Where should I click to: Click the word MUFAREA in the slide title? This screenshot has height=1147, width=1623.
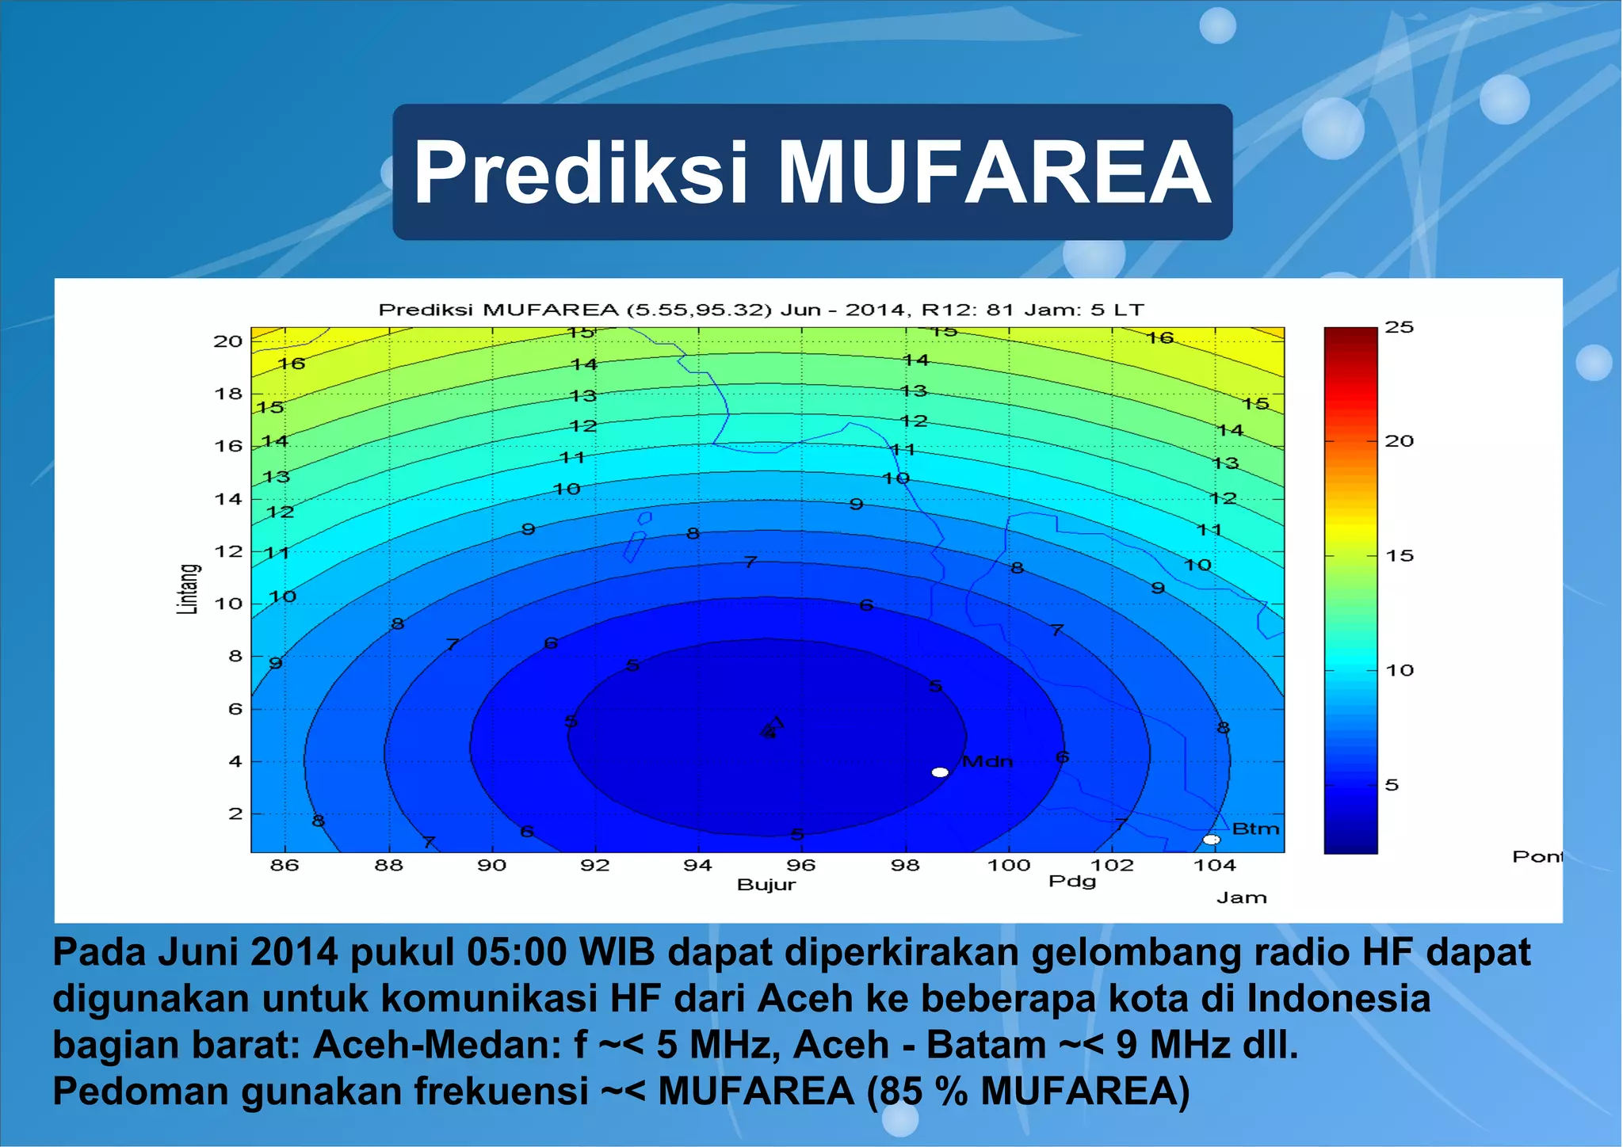point(994,173)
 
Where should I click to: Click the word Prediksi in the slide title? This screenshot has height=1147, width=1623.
point(581,173)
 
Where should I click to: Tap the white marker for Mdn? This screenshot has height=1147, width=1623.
point(940,772)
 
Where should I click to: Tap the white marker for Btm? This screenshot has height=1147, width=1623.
point(1211,840)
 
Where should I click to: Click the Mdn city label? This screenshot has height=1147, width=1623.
point(987,761)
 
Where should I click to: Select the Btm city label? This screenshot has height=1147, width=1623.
point(1256,829)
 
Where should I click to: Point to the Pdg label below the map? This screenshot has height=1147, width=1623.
point(1072,881)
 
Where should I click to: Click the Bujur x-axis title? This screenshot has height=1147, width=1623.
point(766,885)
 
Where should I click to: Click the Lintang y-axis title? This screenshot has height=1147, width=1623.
point(187,589)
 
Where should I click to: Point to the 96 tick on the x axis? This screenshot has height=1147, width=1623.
point(801,865)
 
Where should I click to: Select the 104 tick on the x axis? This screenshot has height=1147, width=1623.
point(1214,865)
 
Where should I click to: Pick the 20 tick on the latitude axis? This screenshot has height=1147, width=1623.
point(227,341)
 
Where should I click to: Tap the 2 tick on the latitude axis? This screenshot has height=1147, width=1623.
point(235,814)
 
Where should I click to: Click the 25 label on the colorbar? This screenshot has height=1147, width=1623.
point(1399,327)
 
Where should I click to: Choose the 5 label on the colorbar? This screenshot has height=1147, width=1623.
point(1392,785)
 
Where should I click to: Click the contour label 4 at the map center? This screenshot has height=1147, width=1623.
point(769,734)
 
